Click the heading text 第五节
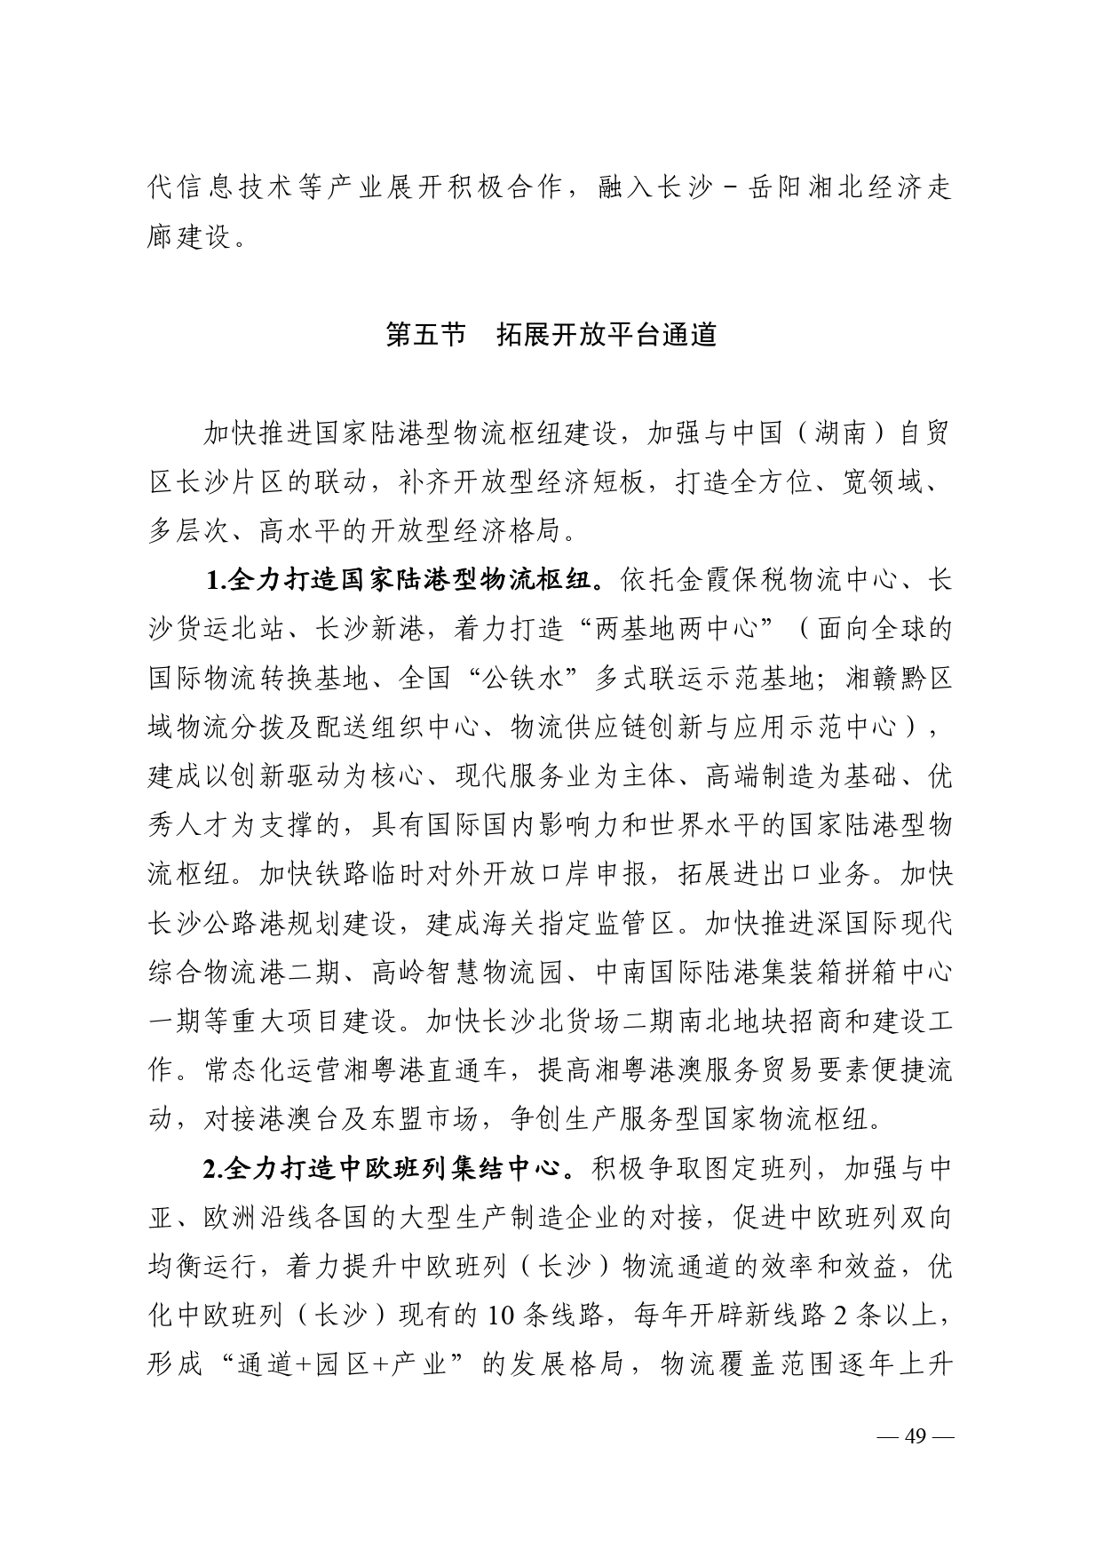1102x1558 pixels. click(425, 336)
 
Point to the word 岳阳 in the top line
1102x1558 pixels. click(776, 189)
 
